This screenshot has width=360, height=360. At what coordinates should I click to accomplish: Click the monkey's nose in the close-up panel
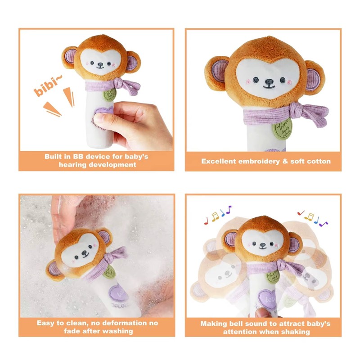[268, 83]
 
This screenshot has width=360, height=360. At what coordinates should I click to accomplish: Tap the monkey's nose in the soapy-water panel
[83, 255]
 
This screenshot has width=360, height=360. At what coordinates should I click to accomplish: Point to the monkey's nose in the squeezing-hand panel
[99, 66]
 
